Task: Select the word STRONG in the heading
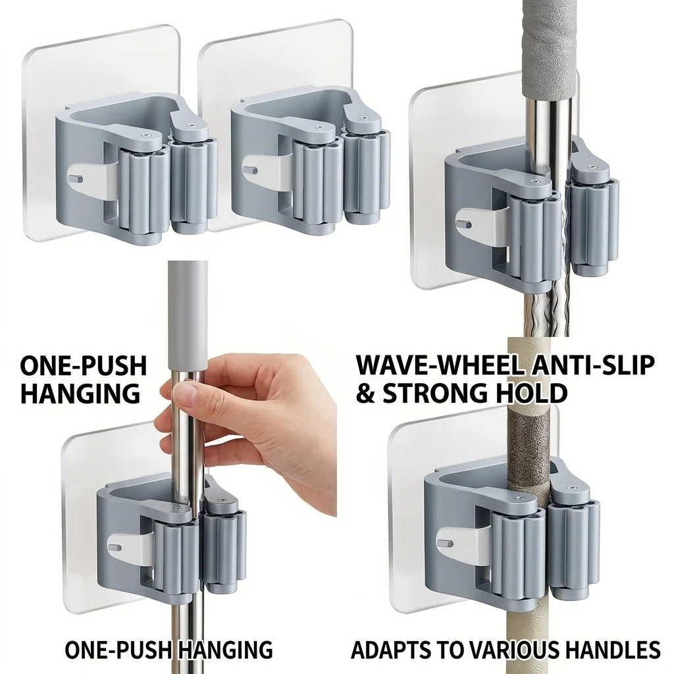(444, 393)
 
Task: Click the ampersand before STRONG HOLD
(366, 393)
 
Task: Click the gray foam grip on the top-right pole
(548, 47)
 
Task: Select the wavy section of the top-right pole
(546, 301)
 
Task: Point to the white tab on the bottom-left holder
(130, 548)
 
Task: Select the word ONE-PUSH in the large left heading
(84, 366)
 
